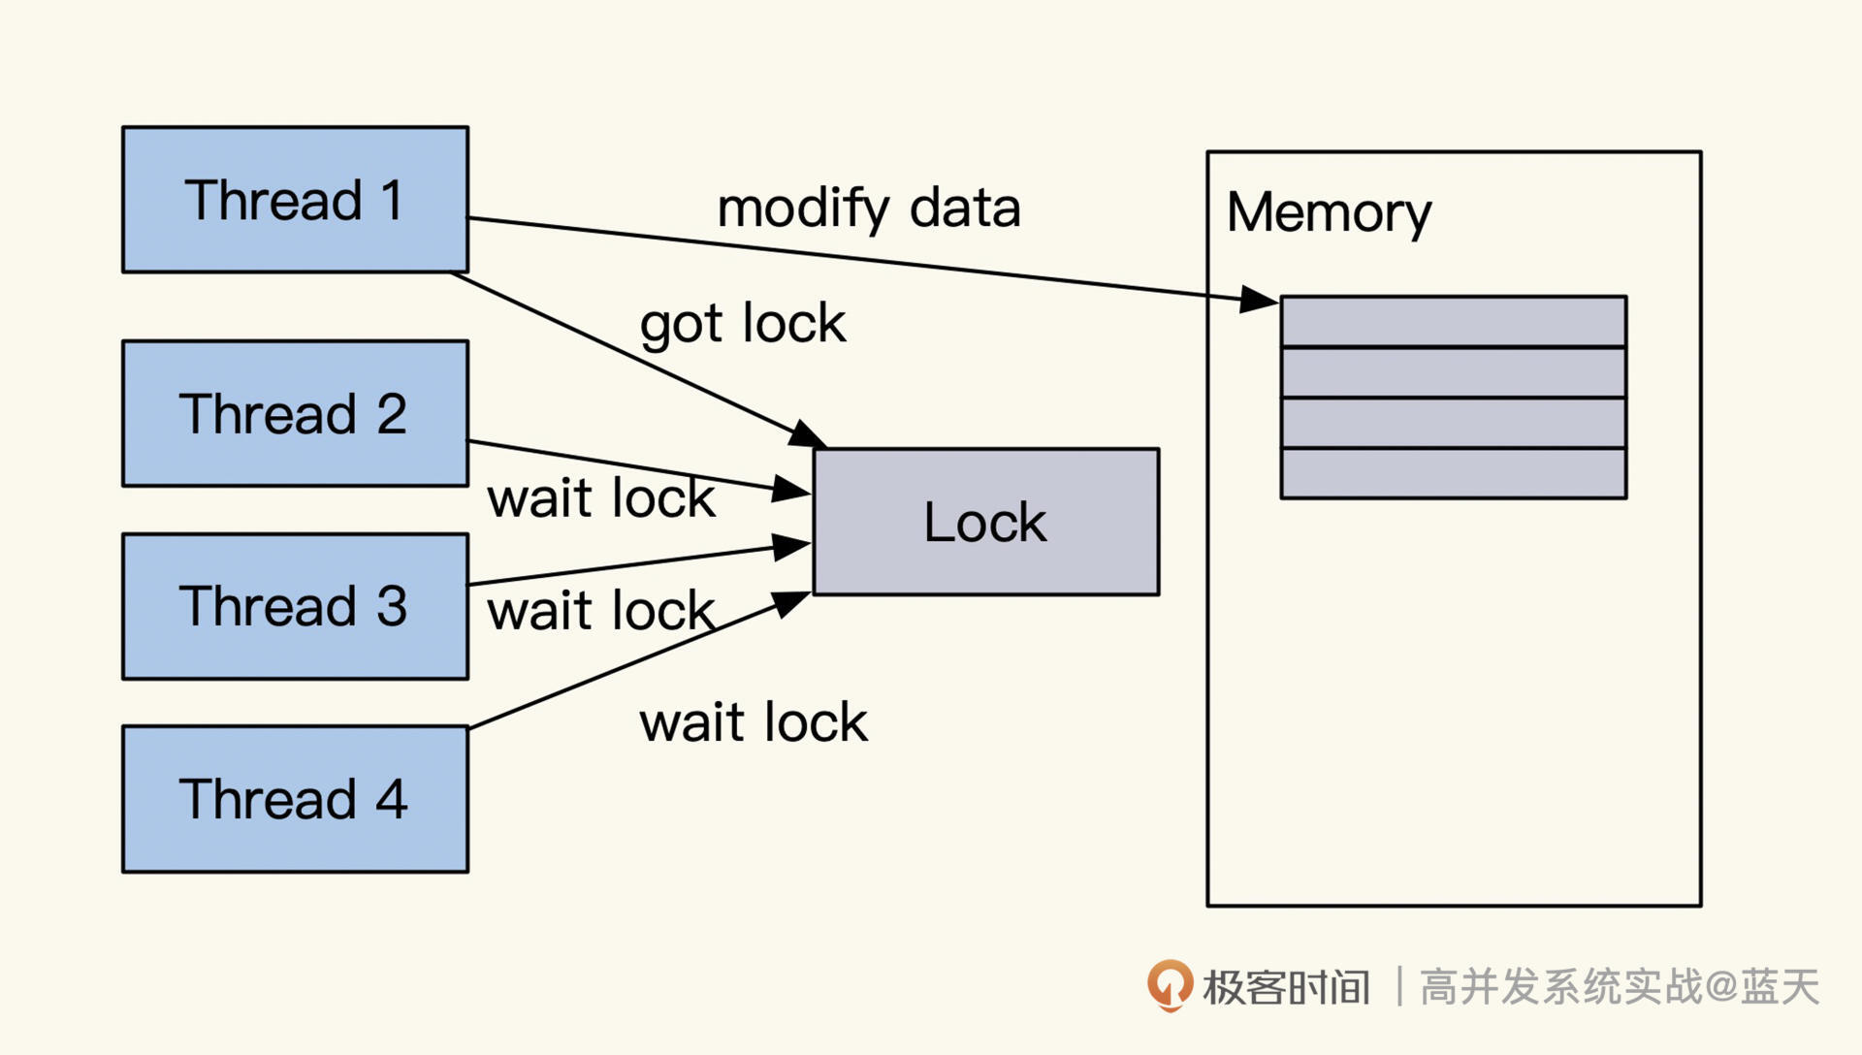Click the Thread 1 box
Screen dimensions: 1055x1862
295,200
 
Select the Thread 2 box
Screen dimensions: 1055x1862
295,413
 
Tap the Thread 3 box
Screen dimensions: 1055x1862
295,606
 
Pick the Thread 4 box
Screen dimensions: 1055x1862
295,799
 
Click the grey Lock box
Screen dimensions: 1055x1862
985,522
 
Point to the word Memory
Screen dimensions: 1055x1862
1328,212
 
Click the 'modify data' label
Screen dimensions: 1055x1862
868,208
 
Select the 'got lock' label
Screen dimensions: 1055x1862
742,324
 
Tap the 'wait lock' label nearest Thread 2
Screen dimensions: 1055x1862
600,498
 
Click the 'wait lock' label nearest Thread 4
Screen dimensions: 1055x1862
753,722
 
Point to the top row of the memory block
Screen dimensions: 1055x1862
1453,321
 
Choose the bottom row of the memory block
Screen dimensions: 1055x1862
1453,473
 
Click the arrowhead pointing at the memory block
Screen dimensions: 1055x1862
1260,299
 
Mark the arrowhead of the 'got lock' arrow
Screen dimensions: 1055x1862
807,433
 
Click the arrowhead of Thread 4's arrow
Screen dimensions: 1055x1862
792,603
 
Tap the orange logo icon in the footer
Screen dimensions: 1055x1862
1170,985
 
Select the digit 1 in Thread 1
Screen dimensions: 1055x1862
392,201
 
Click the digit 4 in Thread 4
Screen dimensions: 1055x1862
391,800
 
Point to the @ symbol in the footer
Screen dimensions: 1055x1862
1720,987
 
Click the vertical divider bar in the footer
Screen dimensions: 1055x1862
1398,986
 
